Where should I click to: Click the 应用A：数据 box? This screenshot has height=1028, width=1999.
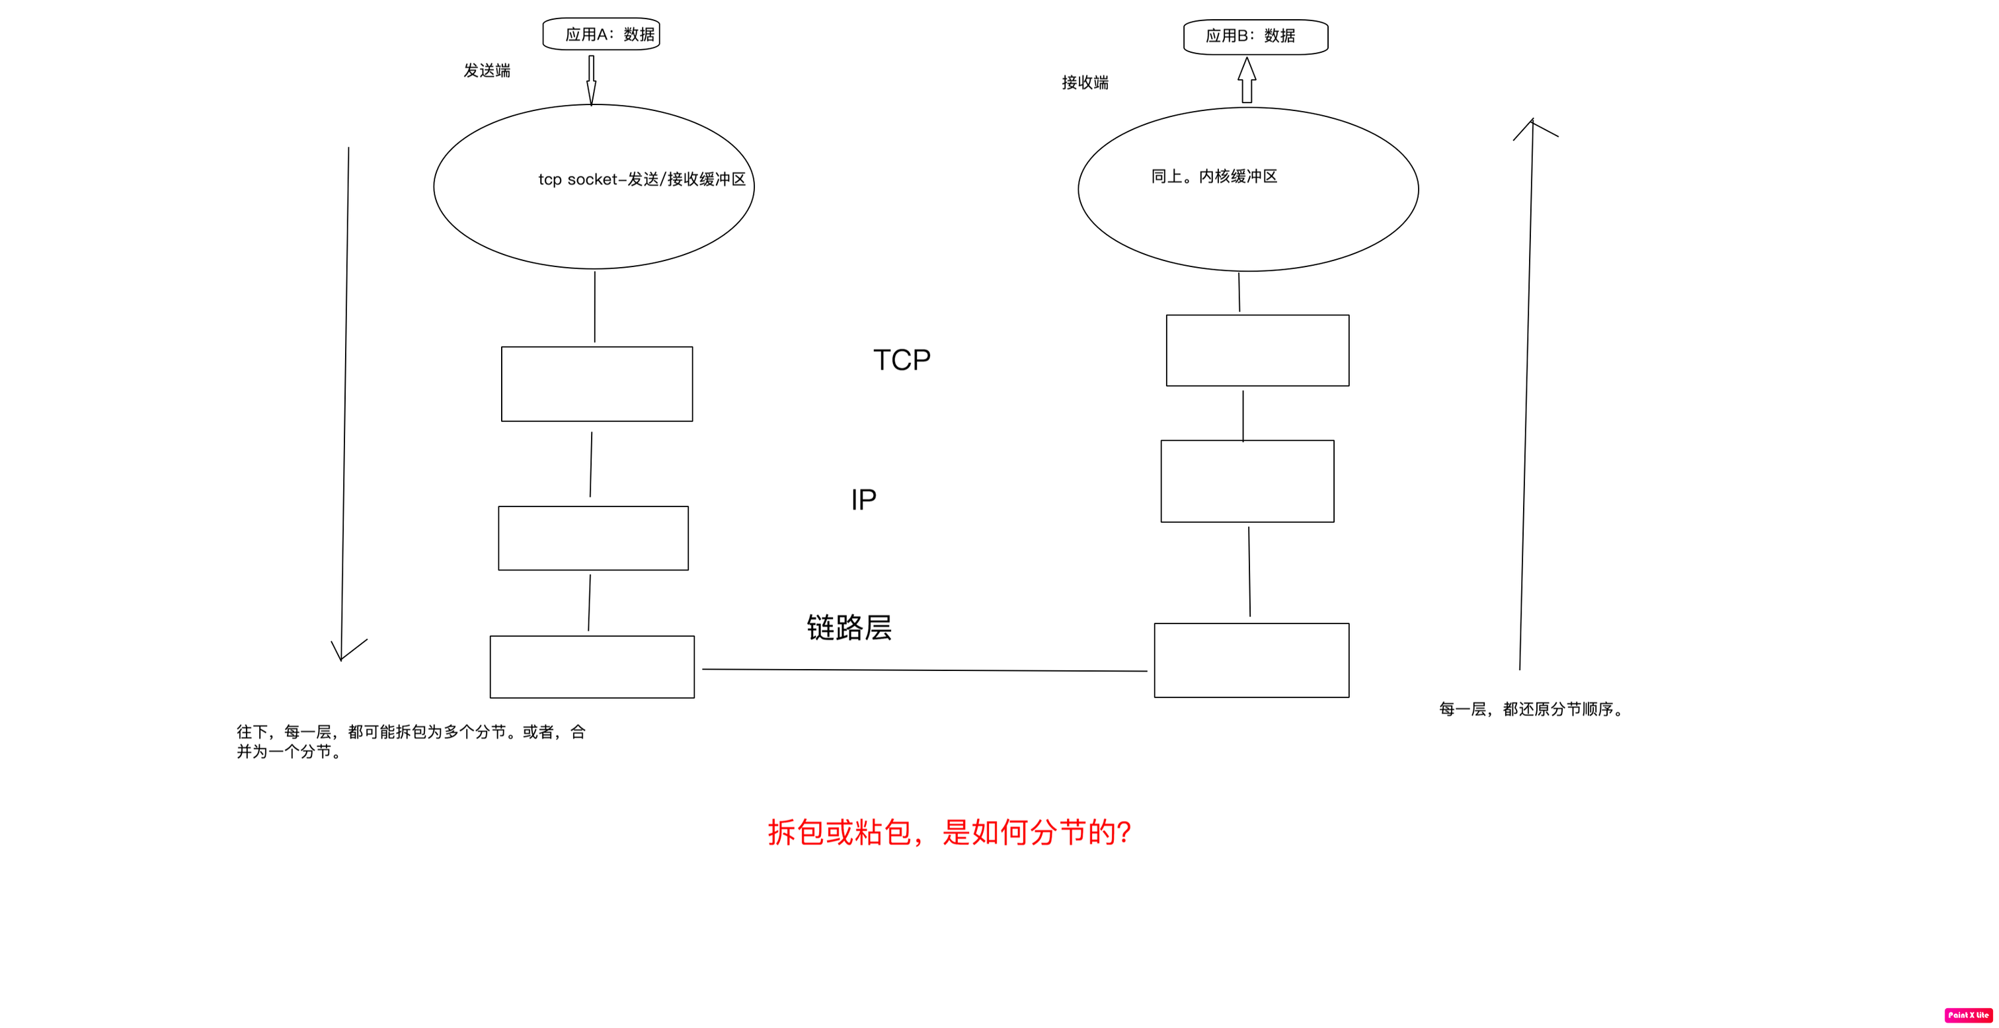point(601,34)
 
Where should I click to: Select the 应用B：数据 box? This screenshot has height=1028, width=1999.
point(1255,36)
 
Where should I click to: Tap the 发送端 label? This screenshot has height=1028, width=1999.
point(487,71)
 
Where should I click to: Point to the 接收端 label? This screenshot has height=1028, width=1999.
point(1085,82)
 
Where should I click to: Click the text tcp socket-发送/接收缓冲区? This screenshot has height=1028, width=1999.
point(642,179)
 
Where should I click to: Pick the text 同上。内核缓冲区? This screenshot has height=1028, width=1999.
point(1214,176)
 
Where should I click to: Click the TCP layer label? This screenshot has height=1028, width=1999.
point(902,360)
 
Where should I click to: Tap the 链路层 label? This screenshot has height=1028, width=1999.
point(849,627)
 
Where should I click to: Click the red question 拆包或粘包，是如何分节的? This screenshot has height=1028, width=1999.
point(949,832)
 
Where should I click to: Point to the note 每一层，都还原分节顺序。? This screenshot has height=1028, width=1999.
point(1531,709)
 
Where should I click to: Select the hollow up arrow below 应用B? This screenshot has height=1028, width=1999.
point(1246,80)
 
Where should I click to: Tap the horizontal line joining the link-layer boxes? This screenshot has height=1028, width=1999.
point(923,670)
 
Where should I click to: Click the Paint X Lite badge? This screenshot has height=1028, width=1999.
point(1968,1015)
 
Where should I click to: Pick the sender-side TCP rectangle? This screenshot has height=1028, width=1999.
point(597,384)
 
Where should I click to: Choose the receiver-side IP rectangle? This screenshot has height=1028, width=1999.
point(1247,481)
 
